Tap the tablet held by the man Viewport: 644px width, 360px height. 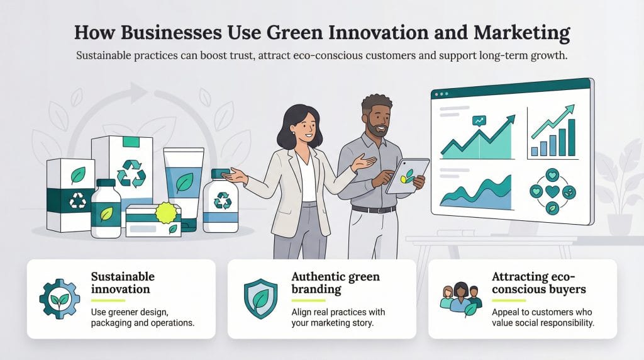[x=408, y=176]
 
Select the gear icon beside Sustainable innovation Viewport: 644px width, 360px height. [x=59, y=299]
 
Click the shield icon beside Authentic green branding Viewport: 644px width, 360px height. [x=259, y=299]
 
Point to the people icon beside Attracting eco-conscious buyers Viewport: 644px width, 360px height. [x=460, y=299]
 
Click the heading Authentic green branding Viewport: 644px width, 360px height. [x=335, y=283]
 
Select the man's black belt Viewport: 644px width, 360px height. [x=374, y=208]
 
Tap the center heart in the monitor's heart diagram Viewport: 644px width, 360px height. [x=552, y=190]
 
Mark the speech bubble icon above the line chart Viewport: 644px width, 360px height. [x=480, y=120]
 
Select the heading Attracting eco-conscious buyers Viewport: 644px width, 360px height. [x=539, y=283]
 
